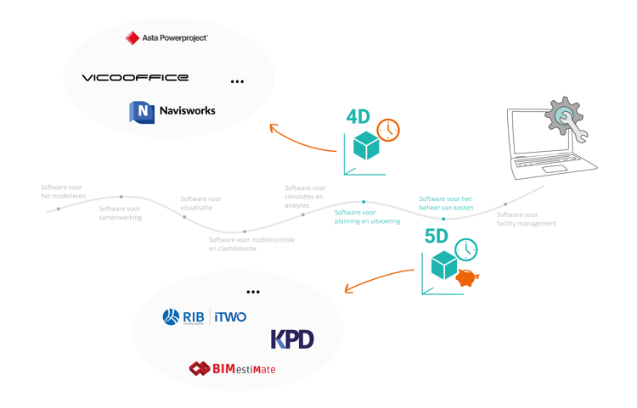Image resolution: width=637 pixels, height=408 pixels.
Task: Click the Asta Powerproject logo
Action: [166, 37]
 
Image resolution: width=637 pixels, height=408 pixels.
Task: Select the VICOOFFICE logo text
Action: [135, 78]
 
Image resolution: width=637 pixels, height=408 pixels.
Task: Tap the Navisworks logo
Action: [172, 111]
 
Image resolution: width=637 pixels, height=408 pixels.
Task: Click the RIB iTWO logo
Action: [205, 317]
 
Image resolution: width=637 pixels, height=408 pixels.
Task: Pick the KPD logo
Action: [292, 338]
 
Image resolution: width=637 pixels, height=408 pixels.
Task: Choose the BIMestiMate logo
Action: [232, 369]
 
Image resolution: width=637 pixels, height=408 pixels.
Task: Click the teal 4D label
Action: [358, 117]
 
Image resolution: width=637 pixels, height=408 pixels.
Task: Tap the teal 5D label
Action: [437, 237]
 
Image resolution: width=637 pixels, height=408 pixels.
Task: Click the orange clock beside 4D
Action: [388, 130]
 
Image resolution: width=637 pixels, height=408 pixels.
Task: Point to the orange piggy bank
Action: [467, 277]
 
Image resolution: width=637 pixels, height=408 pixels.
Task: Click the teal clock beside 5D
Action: [465, 249]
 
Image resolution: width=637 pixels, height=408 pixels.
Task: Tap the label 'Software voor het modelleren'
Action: [63, 192]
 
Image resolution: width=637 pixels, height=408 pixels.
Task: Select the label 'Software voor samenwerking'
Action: [121, 213]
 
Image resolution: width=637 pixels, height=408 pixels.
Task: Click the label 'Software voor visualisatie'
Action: [200, 204]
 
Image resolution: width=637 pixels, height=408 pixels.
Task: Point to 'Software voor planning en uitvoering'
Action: [367, 216]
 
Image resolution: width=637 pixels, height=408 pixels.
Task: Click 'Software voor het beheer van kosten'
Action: [446, 204]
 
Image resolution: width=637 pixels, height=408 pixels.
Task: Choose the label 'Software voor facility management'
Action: [527, 219]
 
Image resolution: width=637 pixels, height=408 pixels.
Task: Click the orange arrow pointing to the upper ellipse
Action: [302, 140]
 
